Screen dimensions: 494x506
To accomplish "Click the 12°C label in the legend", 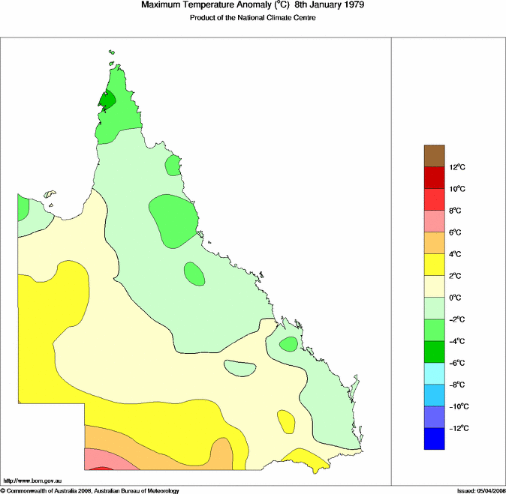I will tap(458, 167).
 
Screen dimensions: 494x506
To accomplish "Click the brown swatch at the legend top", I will tap(435, 156).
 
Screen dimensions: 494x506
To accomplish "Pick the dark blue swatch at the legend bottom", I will tap(435, 439).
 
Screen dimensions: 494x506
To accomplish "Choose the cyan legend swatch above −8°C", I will tap(435, 373).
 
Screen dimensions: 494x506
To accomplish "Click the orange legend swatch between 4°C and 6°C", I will tap(435, 243).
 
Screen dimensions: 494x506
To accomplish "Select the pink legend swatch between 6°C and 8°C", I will tap(435, 221).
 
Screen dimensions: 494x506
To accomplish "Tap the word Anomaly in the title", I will tap(235, 5).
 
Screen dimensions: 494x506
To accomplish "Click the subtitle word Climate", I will tap(277, 17).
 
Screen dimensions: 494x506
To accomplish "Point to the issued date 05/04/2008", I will tap(489, 490).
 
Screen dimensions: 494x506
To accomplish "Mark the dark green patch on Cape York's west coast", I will tap(107, 100).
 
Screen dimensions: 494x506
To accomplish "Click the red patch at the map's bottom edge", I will tap(101, 468).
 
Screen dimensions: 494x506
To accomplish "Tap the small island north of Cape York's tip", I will tap(110, 52).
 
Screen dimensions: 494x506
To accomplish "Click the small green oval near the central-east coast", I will tap(288, 344).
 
